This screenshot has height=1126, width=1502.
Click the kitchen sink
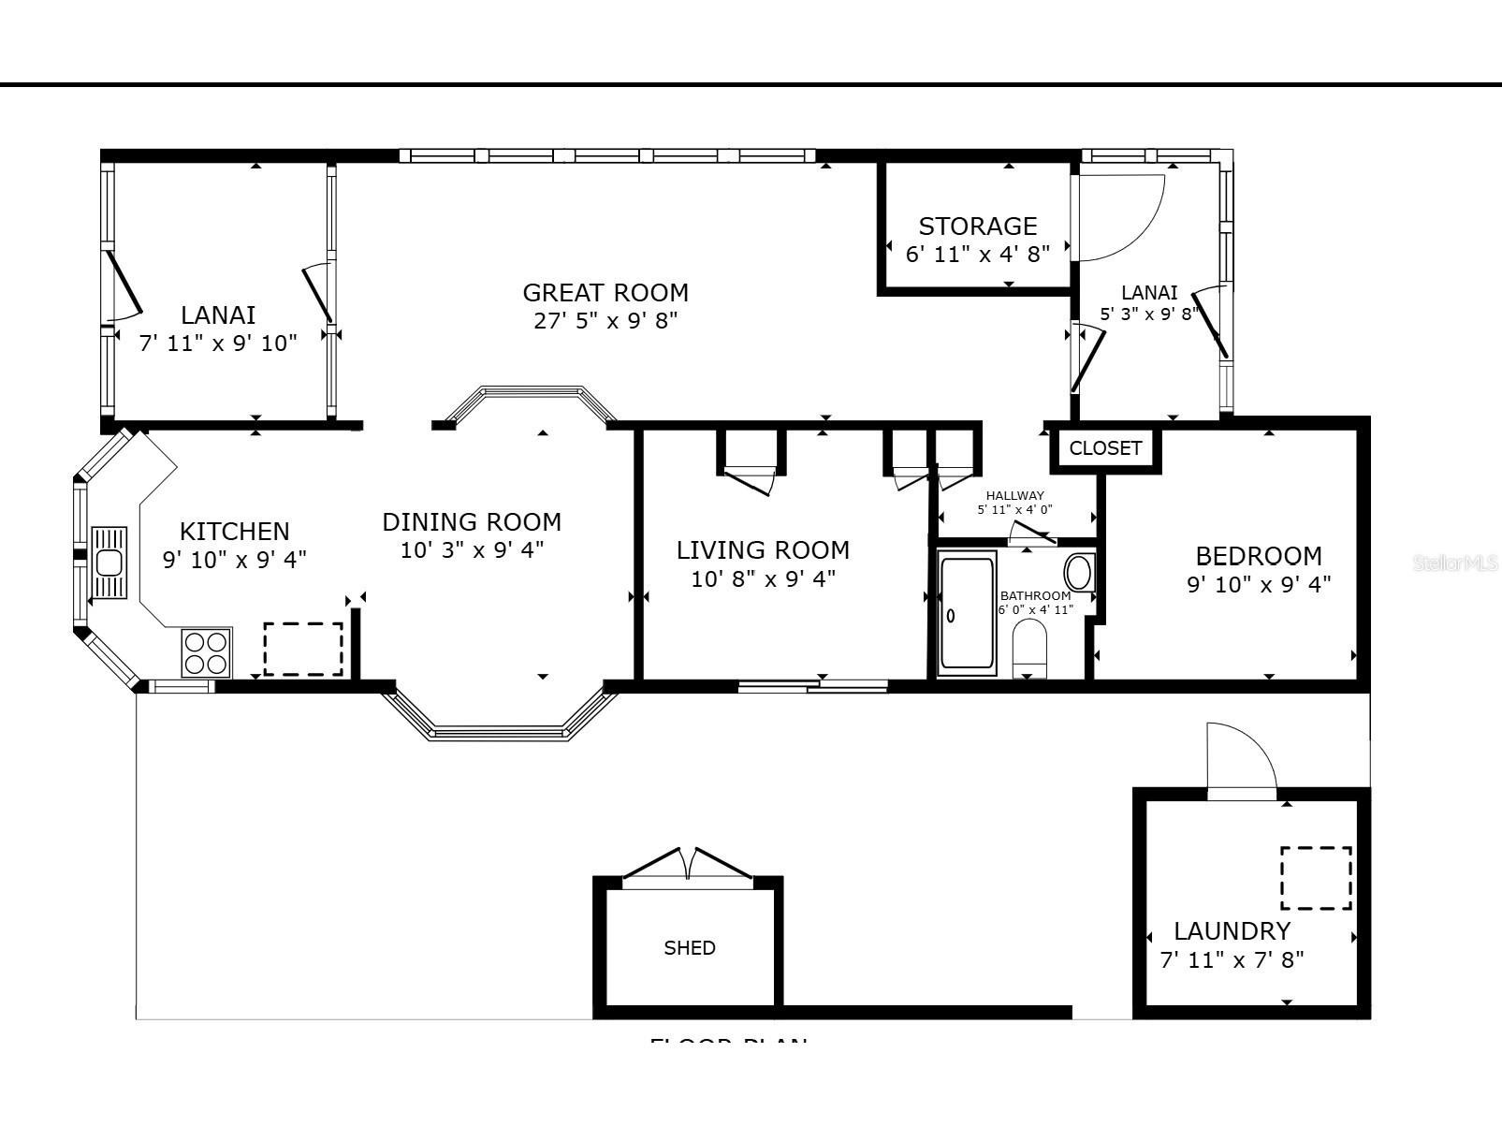(109, 563)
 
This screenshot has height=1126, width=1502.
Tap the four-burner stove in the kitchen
(207, 652)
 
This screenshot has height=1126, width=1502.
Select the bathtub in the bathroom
(967, 615)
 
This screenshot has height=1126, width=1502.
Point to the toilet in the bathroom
(1029, 648)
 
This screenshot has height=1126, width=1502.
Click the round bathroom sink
(1079, 572)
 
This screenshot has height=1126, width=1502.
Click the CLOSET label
(1105, 448)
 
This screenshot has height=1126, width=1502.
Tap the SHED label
(690, 948)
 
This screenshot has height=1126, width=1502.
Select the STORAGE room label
(977, 227)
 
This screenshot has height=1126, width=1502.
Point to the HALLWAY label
(1014, 496)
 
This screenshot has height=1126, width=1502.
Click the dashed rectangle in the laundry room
(1316, 878)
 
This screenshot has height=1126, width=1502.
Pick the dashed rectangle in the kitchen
(302, 649)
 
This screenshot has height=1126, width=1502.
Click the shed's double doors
(688, 866)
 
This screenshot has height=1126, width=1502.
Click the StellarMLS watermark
(1456, 563)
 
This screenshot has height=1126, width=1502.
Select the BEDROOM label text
(1259, 556)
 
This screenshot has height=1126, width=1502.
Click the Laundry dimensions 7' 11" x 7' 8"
(1232, 960)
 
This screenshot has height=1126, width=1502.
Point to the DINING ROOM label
(472, 522)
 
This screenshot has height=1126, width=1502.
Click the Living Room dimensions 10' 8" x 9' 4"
(763, 579)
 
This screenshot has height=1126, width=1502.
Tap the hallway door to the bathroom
(1032, 534)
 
